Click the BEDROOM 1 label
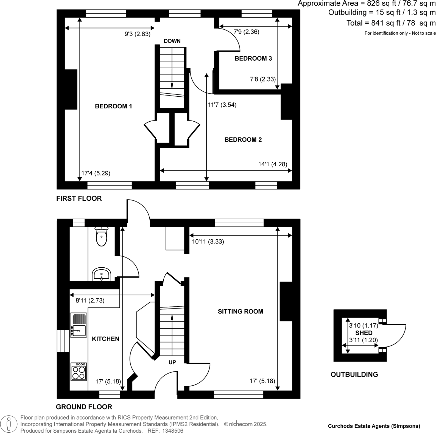(113, 106)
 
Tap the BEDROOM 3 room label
(253, 58)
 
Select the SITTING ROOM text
(240, 312)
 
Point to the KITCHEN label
(105, 339)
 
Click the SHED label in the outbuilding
(364, 333)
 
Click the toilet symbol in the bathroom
(102, 237)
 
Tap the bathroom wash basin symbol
(102, 274)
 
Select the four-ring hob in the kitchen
(79, 372)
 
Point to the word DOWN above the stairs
(172, 41)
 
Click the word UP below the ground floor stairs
(172, 362)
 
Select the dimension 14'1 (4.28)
(273, 164)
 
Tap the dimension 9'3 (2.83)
(137, 34)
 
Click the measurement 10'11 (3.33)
(208, 242)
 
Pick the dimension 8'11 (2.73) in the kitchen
(90, 301)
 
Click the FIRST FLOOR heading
(79, 198)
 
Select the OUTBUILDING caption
(354, 375)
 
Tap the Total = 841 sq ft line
(391, 23)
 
